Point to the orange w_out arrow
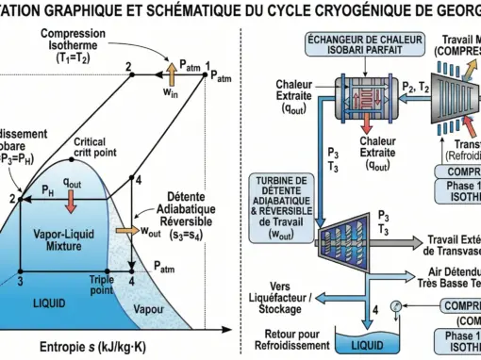pyautogui.click(x=125, y=229)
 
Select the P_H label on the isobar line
pyautogui.click(x=46, y=190)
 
